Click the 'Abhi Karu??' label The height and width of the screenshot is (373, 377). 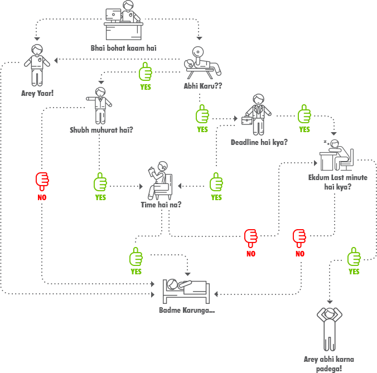tap(203, 86)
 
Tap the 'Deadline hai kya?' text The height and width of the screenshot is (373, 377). tap(259, 142)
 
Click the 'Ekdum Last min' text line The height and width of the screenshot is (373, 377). tap(332, 177)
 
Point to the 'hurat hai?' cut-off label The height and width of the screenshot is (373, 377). tap(116, 130)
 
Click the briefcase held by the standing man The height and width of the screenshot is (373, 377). tap(247, 119)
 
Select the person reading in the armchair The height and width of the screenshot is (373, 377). tap(160, 178)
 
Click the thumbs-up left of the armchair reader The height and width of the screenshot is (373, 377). tap(100, 182)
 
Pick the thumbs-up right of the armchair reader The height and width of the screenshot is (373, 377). tap(216, 182)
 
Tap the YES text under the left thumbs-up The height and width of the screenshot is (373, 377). tap(100, 197)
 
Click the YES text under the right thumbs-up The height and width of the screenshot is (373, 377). tap(216, 197)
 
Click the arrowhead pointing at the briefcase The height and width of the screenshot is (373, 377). tap(236, 118)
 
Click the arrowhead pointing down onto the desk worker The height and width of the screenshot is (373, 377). tap(334, 133)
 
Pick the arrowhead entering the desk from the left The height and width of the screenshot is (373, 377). tap(315, 163)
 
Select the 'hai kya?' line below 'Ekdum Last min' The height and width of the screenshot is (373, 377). tap(337, 187)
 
